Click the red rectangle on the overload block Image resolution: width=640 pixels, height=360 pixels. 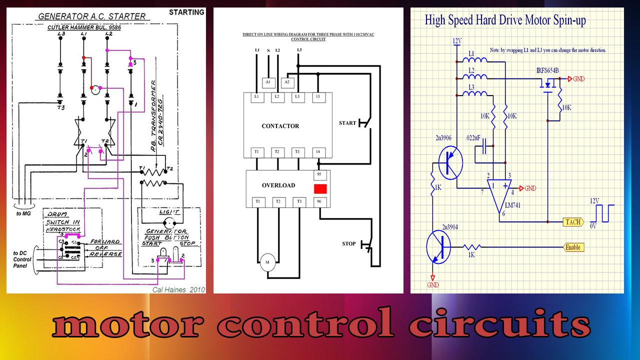click(x=320, y=189)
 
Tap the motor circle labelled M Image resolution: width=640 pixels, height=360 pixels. click(x=266, y=262)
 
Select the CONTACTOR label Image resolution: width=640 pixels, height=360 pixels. click(x=280, y=126)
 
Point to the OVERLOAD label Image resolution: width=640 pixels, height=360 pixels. click(x=278, y=185)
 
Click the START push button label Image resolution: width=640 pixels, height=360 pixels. click(x=347, y=123)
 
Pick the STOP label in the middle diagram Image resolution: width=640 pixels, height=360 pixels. click(x=349, y=244)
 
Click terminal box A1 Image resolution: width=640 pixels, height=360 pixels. click(x=267, y=81)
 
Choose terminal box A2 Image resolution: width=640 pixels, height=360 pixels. click(x=287, y=81)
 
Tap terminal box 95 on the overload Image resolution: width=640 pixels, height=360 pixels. click(x=318, y=175)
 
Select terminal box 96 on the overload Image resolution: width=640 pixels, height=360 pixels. click(x=318, y=201)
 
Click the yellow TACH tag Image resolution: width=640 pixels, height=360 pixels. click(x=572, y=222)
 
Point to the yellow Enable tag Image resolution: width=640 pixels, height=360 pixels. click(x=573, y=247)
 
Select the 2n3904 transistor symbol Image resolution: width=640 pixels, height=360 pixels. click(x=439, y=247)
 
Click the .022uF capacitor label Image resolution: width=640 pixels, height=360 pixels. click(x=474, y=137)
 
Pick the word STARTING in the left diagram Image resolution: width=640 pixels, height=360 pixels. click(x=186, y=12)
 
